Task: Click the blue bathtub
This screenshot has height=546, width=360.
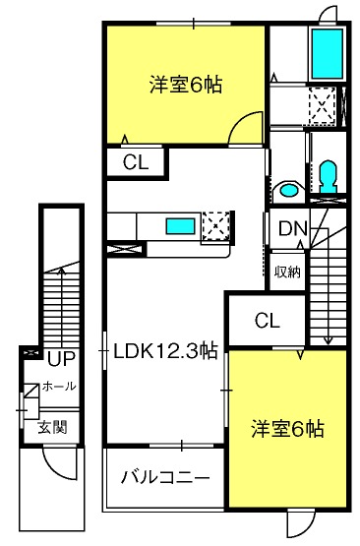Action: (327, 54)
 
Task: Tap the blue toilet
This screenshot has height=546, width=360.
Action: (328, 176)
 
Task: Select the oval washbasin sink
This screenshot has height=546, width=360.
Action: (289, 191)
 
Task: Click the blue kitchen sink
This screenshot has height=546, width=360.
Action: (180, 226)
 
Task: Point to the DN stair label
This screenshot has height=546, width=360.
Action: (293, 229)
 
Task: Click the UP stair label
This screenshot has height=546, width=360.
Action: (61, 359)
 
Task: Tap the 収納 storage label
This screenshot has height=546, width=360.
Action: (287, 272)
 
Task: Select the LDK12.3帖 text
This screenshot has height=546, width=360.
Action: (165, 351)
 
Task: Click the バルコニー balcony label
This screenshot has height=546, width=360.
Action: (165, 477)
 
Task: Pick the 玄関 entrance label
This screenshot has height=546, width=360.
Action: (52, 427)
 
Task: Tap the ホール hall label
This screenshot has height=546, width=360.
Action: (59, 387)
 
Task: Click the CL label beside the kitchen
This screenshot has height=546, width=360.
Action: (136, 162)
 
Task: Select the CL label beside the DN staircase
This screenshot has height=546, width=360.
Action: (267, 321)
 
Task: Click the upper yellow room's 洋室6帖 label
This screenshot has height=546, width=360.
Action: (186, 85)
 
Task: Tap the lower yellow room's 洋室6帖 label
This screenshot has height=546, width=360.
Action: (287, 429)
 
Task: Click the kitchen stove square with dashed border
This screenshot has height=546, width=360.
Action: (215, 225)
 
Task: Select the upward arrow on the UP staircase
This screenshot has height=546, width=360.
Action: (62, 308)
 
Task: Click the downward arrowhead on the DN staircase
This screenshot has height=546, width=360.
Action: (328, 340)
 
